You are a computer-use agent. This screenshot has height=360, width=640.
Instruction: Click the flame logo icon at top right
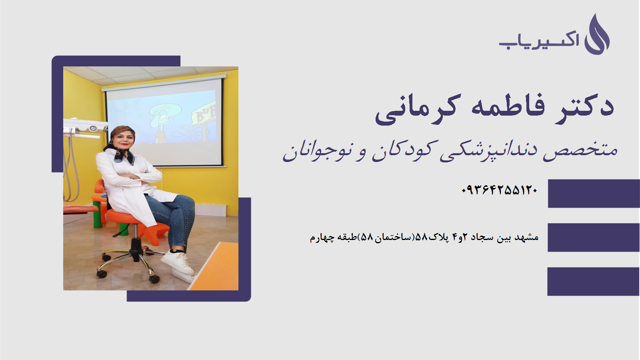coord(597,35)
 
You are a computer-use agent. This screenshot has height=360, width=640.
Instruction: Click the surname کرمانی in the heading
coord(416,109)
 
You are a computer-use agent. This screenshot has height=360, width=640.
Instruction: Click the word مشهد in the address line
coord(526,238)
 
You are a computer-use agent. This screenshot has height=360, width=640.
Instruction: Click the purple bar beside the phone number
coord(594,194)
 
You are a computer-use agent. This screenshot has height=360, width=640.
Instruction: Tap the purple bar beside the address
coord(594,238)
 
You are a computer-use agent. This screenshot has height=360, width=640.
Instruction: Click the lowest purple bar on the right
coord(594,282)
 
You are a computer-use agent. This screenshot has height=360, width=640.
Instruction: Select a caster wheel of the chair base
coord(102,274)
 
